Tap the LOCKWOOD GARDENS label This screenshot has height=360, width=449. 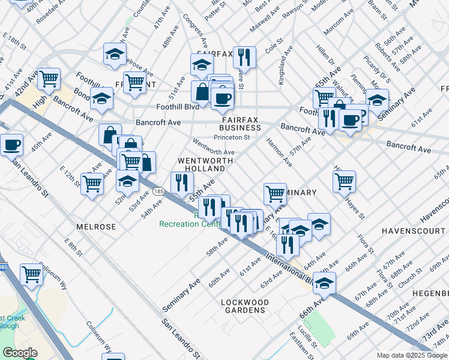tap(243, 306)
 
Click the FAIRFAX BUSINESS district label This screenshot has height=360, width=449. tap(240, 124)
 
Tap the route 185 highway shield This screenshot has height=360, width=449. tap(158, 191)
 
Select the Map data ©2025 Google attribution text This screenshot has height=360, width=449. tap(411, 355)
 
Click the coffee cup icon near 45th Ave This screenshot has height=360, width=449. tap(11, 145)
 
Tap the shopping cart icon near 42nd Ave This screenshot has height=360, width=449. tap(49, 79)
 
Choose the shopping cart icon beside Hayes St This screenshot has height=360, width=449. tap(345, 181)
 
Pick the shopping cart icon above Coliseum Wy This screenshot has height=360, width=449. tap(32, 274)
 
